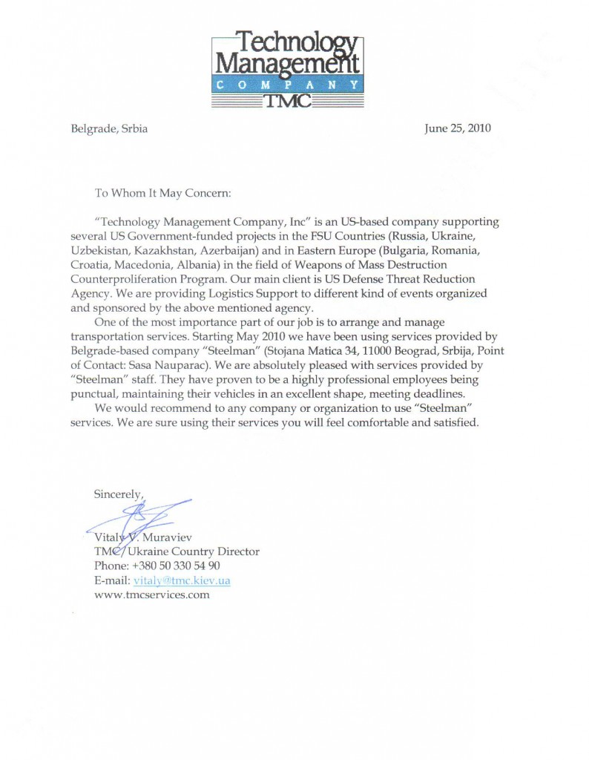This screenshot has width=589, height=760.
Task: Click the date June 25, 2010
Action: coord(457,128)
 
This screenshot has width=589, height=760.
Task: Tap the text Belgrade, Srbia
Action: coord(109,128)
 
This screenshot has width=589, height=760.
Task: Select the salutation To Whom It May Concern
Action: coord(164,193)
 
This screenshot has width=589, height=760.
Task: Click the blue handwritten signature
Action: coord(145,514)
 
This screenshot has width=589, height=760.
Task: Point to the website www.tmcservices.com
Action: coord(151,594)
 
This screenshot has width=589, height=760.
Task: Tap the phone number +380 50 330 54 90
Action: coord(172,566)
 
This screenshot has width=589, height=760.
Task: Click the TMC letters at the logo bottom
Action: coord(294,102)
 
